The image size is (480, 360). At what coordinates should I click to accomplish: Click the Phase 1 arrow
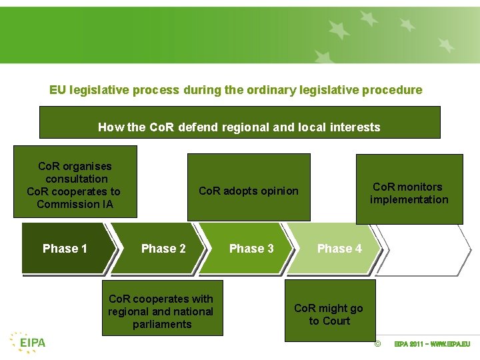[65, 249]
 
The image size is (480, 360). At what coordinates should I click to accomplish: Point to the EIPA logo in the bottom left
[28, 342]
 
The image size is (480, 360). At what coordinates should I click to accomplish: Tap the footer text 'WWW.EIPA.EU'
[451, 345]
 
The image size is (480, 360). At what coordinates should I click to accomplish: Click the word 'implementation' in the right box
[409, 200]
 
